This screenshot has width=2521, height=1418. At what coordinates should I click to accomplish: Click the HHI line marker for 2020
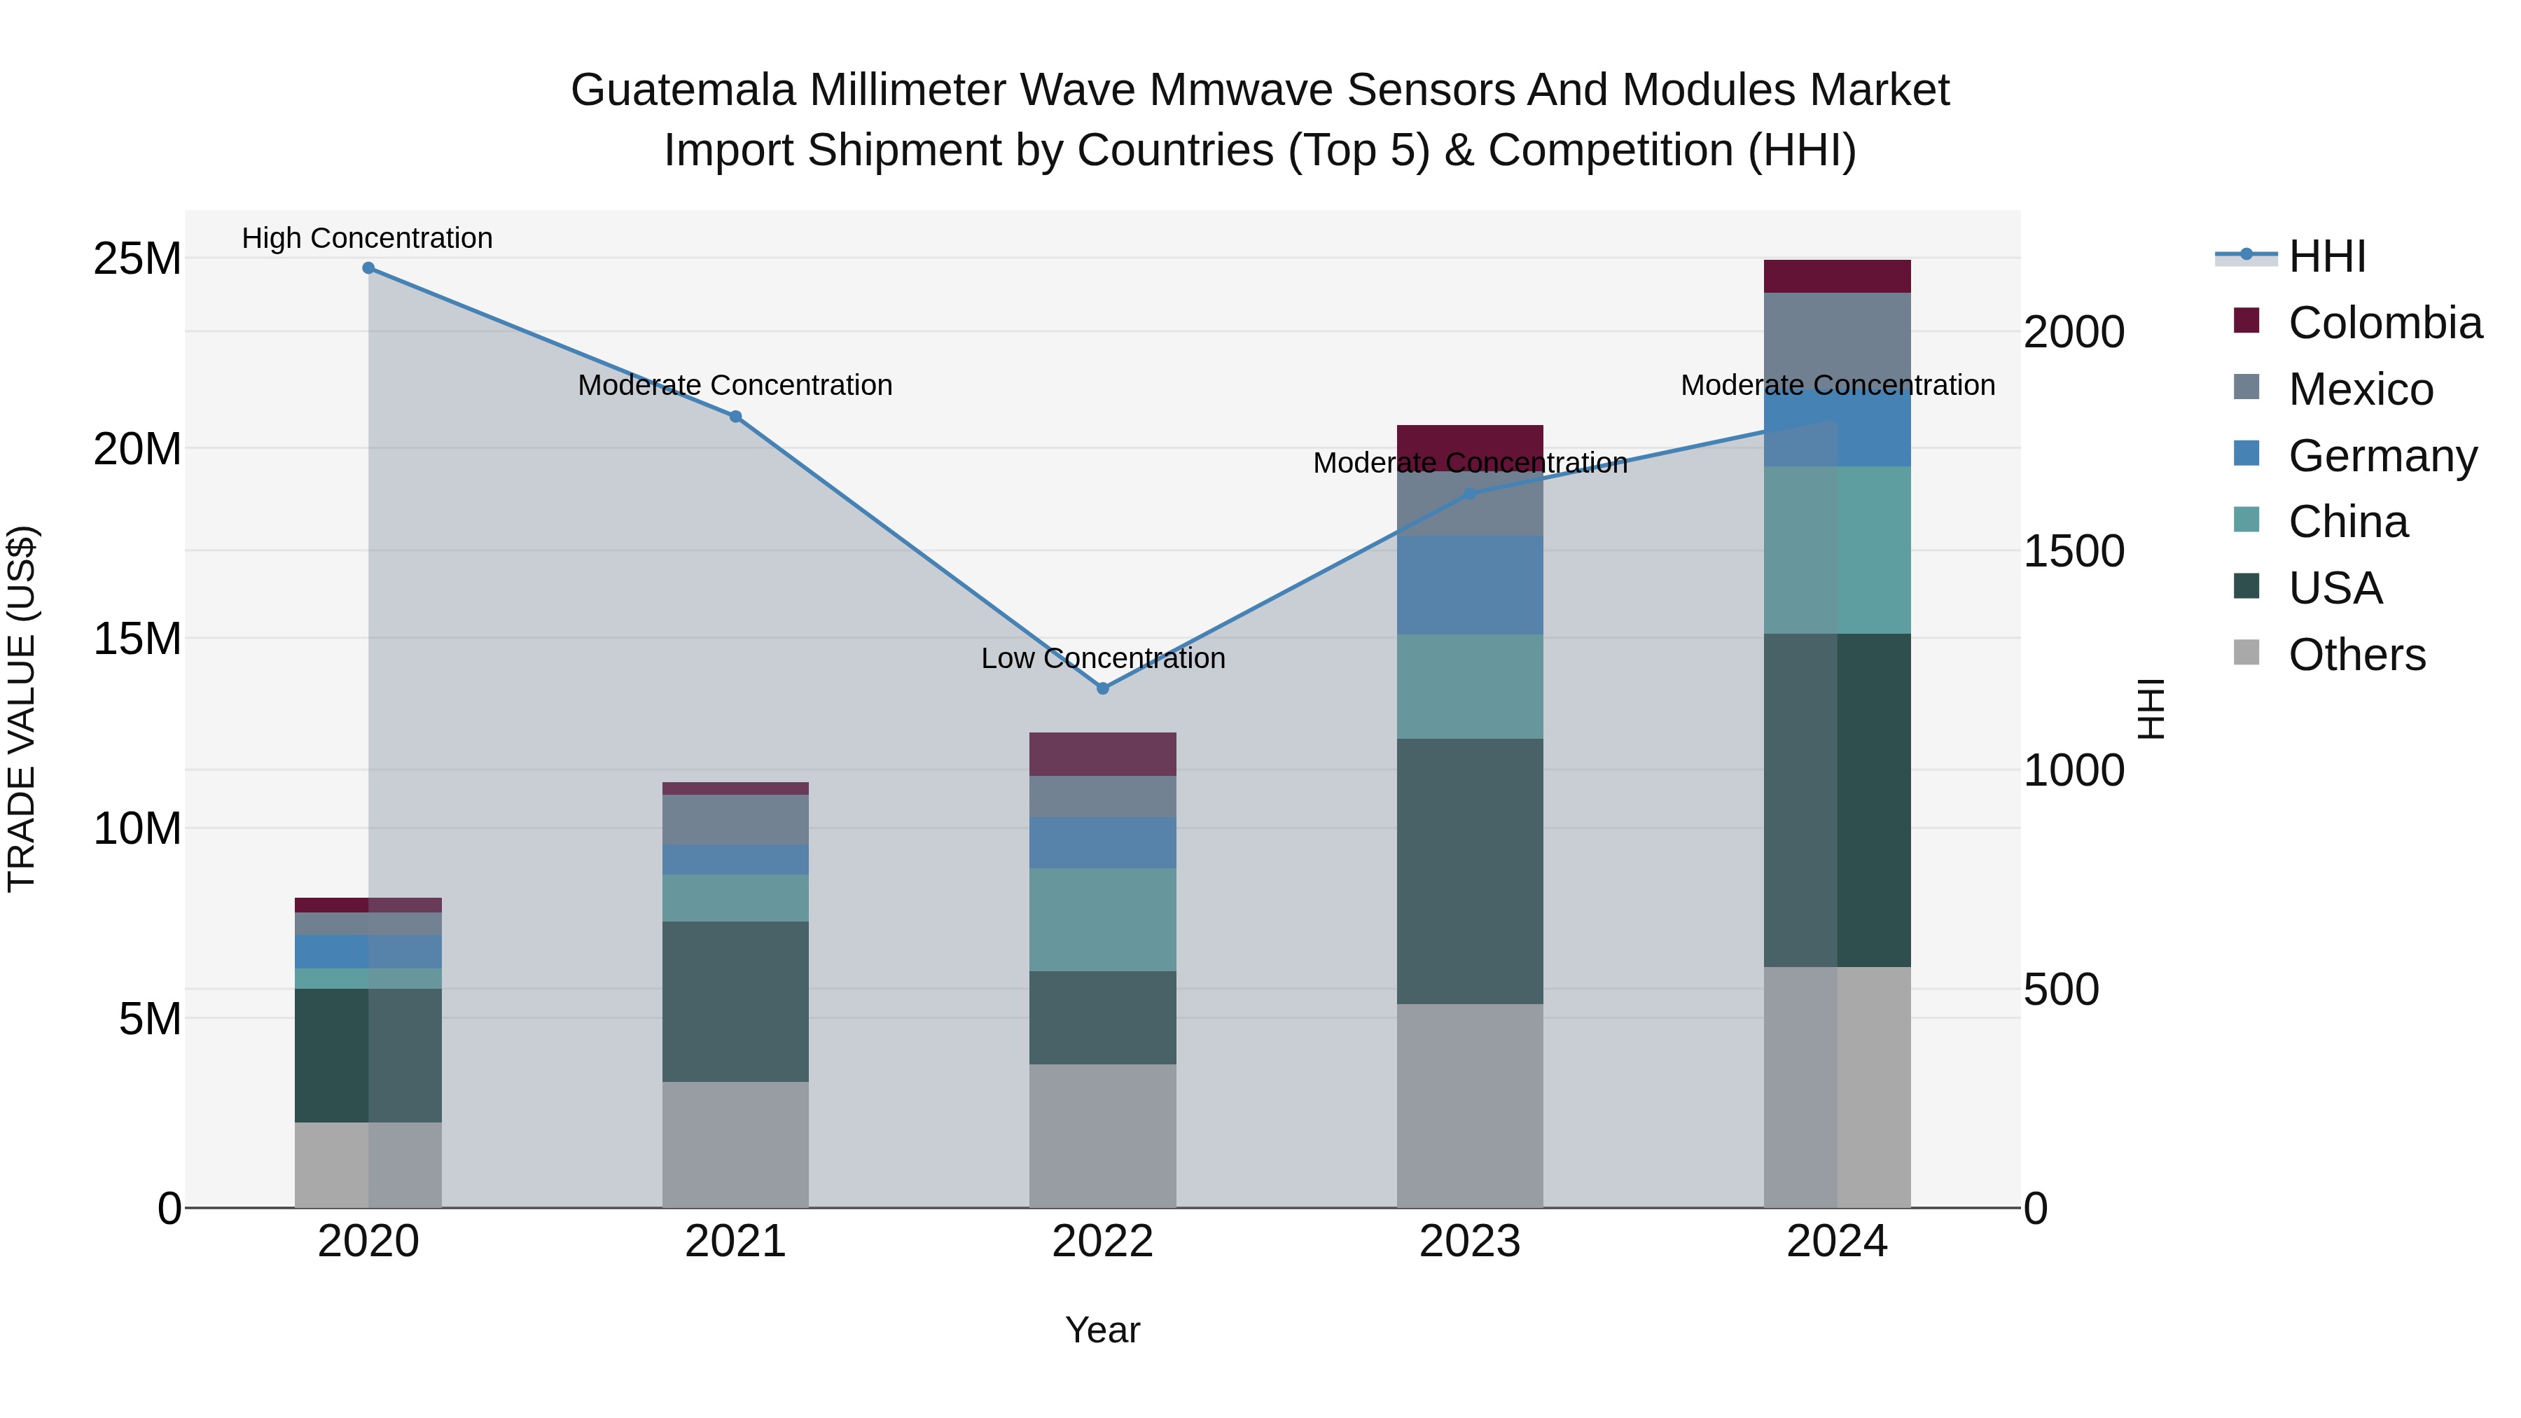[x=368, y=268]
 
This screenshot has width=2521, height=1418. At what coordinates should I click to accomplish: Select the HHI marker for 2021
[x=735, y=416]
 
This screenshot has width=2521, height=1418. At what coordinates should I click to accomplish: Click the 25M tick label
[x=137, y=259]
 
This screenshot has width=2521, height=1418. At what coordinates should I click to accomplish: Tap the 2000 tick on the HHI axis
[x=2074, y=333]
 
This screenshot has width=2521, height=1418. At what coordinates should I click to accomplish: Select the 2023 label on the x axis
[x=1470, y=1242]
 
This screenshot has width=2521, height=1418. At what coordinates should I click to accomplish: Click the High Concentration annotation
[x=367, y=239]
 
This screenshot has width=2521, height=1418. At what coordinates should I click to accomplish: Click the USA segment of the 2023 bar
[x=1470, y=871]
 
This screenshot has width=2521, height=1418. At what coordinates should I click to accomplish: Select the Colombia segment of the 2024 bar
[x=1837, y=277]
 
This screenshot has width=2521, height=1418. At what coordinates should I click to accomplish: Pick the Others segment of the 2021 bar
[x=735, y=1144]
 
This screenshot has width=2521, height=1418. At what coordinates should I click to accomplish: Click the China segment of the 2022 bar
[x=1103, y=920]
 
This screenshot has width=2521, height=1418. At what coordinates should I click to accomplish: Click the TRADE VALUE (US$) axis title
[x=22, y=709]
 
